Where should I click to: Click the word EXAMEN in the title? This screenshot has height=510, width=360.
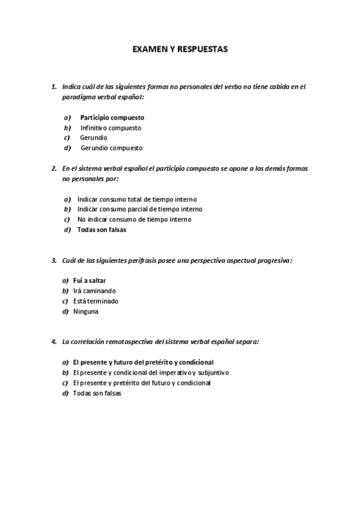tap(148, 51)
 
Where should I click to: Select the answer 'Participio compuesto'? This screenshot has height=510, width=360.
tap(112, 117)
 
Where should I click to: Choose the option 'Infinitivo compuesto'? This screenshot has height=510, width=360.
tap(111, 127)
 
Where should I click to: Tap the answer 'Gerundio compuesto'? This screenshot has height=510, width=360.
tap(111, 148)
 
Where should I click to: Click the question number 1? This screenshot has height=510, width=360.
tap(53, 87)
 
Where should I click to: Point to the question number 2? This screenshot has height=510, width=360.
tap(53, 168)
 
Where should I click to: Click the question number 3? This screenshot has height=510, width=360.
tap(53, 260)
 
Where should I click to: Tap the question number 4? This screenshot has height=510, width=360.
tap(53, 342)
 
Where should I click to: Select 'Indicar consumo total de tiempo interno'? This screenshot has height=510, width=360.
tap(137, 199)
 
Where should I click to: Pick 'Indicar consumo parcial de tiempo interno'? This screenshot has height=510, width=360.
tap(139, 209)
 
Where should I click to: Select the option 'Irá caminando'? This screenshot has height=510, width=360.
tap(94, 291)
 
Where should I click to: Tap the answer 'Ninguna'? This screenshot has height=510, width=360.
tap(85, 312)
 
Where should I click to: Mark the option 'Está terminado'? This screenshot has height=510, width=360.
tap(96, 301)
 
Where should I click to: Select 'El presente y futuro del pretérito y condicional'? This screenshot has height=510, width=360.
tap(143, 363)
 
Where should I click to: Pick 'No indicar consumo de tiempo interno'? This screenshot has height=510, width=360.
tap(134, 220)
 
